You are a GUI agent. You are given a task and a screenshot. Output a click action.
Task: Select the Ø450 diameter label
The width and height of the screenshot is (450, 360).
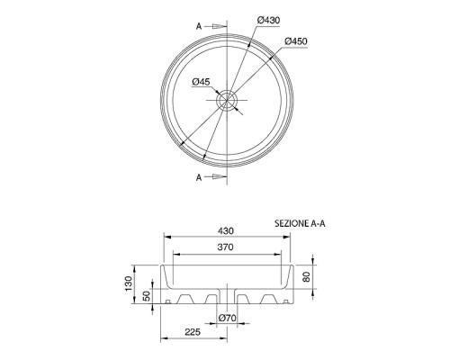click(298, 41)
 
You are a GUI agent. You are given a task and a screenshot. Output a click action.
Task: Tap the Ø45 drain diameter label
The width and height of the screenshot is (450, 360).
click(202, 83)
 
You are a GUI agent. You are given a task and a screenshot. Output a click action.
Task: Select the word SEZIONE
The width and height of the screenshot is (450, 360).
click(292, 222)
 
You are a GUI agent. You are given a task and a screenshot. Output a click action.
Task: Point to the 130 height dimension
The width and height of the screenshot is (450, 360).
click(126, 286)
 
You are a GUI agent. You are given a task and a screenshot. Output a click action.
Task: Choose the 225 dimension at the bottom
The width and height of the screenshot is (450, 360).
click(192, 332)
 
